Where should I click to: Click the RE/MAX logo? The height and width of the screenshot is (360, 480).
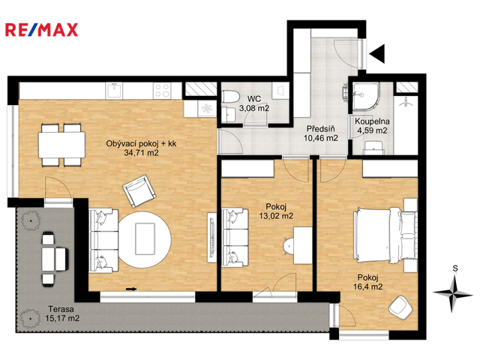[42, 30]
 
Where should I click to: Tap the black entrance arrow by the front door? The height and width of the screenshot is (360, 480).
[377, 53]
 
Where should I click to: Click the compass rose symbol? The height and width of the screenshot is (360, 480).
[453, 293]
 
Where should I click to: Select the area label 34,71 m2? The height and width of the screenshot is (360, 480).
[141, 152]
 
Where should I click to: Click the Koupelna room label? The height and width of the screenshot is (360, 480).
[372, 121]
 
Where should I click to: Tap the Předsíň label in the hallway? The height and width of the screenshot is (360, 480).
[320, 128]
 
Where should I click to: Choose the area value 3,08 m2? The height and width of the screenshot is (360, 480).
[254, 108]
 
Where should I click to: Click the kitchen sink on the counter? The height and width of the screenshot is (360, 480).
[114, 91]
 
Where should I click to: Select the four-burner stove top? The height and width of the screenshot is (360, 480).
[162, 91]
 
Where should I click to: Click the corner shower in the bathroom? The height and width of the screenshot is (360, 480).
[366, 96]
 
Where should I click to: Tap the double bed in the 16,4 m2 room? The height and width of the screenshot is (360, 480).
[385, 235]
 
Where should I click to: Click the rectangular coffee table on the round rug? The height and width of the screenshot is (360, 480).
[145, 238]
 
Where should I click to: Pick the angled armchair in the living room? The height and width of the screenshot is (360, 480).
[139, 191]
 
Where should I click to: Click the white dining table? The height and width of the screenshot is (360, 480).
[61, 145]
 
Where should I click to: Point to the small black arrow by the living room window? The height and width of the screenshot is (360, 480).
[131, 289]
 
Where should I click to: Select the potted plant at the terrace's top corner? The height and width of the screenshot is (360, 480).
[31, 220]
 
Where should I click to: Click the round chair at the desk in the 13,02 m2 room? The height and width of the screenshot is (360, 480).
[289, 246]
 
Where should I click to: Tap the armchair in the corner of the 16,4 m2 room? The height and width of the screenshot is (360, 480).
[400, 307]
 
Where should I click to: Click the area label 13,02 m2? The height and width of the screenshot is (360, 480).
[276, 216]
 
